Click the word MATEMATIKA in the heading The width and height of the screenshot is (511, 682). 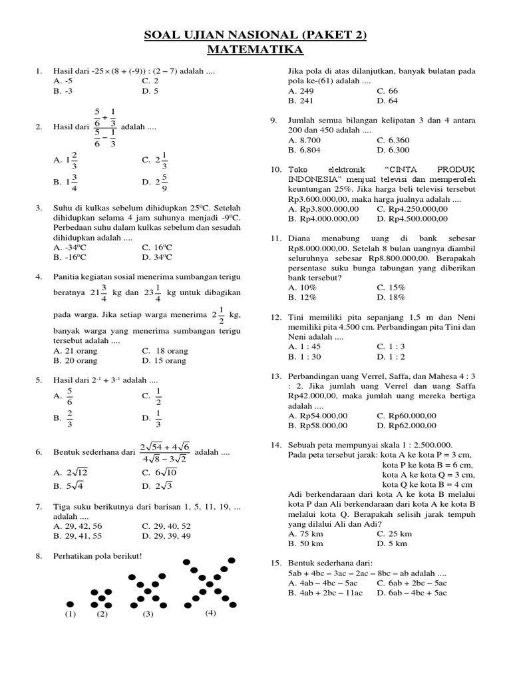pos(255,50)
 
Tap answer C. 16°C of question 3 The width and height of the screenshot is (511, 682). pos(157,247)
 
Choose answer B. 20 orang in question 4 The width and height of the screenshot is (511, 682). pos(75,360)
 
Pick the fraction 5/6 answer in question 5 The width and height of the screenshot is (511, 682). pos(69,398)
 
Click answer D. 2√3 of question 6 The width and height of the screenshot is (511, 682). pos(156,486)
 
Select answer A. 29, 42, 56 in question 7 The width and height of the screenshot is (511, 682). pos(79,525)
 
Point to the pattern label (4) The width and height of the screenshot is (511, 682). pos(211,612)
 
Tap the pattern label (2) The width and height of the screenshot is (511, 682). pos(102,614)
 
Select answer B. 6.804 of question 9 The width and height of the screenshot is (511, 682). pos(304,150)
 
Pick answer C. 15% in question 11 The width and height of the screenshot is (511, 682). pos(391,287)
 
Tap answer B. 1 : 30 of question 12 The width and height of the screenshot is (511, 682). pos(304,356)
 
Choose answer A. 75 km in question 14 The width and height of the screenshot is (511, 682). pos(303,533)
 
